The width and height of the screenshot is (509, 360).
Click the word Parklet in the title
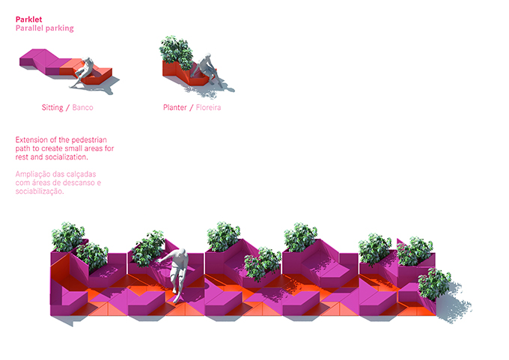click(28, 19)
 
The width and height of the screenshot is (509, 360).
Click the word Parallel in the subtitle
click(31, 28)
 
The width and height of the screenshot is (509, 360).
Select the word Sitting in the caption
click(52, 108)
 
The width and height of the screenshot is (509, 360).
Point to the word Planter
click(175, 108)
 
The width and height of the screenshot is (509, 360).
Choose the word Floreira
click(209, 108)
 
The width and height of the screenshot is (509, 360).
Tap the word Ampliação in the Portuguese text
click(34, 174)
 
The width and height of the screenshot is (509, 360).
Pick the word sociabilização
click(40, 192)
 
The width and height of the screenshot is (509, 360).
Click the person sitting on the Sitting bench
click(88, 70)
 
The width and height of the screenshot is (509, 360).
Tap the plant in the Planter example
click(176, 50)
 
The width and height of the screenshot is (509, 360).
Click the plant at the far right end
click(435, 283)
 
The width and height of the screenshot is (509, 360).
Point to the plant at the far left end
click(67, 237)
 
